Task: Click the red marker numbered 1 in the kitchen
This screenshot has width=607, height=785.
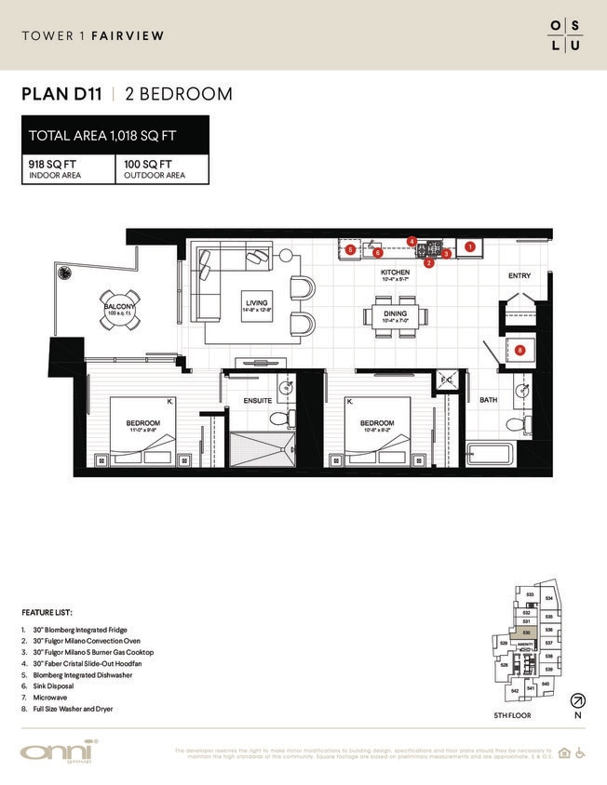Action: [x=470, y=246]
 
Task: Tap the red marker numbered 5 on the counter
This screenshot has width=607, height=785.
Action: [x=349, y=249]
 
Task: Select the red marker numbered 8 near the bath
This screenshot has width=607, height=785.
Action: [x=519, y=350]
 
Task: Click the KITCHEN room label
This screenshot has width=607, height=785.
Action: [x=395, y=273]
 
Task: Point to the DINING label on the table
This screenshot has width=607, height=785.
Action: [x=395, y=314]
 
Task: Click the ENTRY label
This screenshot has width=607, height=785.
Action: [x=519, y=276]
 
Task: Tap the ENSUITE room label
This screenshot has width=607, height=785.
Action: [x=257, y=400]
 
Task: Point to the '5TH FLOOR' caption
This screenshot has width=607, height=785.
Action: [x=513, y=715]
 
